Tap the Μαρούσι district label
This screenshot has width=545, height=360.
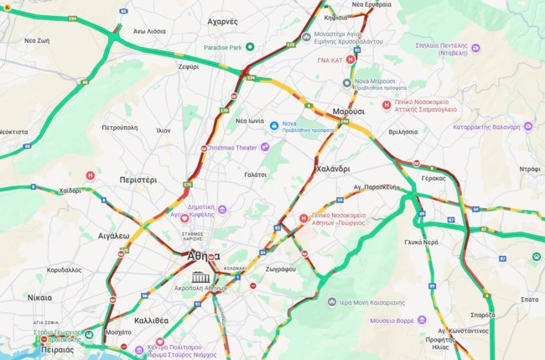click(348, 111)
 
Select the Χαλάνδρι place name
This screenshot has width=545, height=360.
click(332, 169)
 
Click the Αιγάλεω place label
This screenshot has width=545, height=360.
click(113, 236)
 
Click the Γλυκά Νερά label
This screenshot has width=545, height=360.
click(422, 242)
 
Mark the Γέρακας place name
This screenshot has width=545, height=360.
click(433, 179)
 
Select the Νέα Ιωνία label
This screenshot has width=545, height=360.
click(251, 121)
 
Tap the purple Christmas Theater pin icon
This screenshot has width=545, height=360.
click(265, 147)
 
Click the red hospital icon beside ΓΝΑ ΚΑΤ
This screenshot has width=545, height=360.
click(350, 60)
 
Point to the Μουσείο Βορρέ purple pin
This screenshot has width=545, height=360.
click(422, 320)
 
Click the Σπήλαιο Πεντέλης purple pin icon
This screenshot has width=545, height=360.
click(475, 48)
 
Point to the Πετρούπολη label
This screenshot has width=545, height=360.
click(119, 128)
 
